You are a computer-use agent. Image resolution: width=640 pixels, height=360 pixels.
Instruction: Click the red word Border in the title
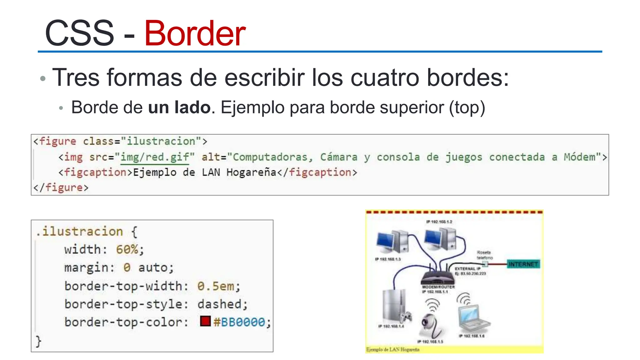195,33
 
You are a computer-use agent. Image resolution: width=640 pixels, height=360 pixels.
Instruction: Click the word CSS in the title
79,33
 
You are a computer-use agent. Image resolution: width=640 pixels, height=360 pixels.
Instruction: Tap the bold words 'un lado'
179,107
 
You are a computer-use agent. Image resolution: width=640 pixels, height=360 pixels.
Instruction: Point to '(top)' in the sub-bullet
467,108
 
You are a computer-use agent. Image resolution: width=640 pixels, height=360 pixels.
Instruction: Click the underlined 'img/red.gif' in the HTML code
155,157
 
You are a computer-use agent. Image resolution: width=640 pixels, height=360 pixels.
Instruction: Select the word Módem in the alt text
579,157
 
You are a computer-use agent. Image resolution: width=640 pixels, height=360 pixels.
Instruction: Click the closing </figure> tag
61,187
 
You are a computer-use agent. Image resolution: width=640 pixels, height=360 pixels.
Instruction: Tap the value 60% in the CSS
127,249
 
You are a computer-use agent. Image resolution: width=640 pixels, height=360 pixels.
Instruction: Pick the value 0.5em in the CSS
216,286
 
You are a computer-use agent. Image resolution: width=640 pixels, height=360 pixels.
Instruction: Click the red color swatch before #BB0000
205,321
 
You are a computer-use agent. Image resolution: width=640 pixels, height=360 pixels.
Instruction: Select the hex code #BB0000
239,322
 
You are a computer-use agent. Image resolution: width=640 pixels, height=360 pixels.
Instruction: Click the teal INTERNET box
523,264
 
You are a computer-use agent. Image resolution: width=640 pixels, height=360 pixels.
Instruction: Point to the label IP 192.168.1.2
439,222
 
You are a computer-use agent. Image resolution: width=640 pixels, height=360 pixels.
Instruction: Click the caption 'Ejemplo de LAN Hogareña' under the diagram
393,350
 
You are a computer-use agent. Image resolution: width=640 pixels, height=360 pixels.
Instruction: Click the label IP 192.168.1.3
388,259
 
